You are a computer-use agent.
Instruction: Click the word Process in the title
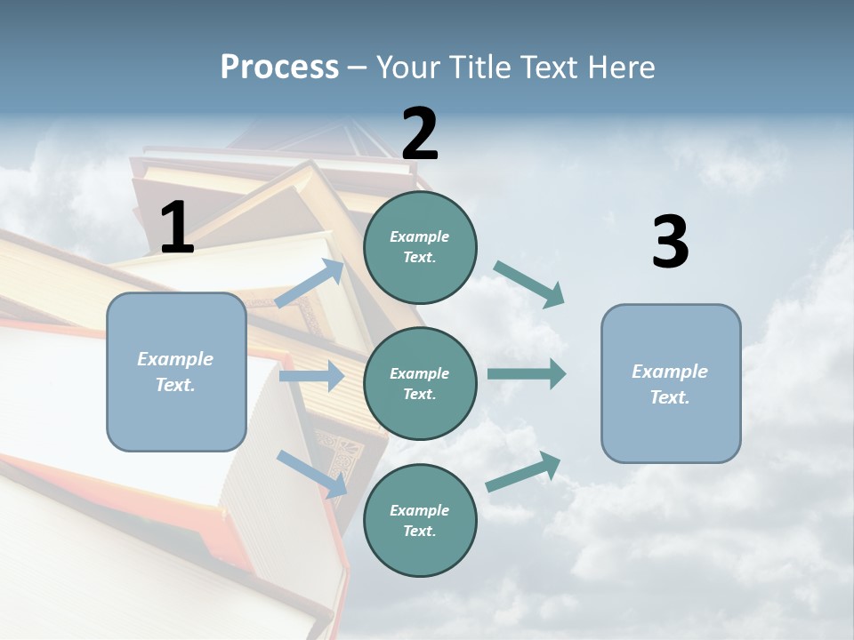pos(279,68)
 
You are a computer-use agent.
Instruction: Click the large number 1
pos(177,228)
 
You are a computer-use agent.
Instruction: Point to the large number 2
pos(420,134)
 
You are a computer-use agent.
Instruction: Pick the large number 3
pos(670,242)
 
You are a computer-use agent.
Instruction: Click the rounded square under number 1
pos(176,372)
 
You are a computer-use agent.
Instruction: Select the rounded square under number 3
pos(671,384)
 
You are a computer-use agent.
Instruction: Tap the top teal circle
pos(420,247)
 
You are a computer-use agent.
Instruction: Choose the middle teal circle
pos(420,384)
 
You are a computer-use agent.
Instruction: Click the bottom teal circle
pos(420,521)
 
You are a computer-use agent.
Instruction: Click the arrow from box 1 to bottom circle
pos(312,473)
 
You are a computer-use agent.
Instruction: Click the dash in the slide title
pos(357,68)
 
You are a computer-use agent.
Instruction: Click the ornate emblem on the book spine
pos(338,453)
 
